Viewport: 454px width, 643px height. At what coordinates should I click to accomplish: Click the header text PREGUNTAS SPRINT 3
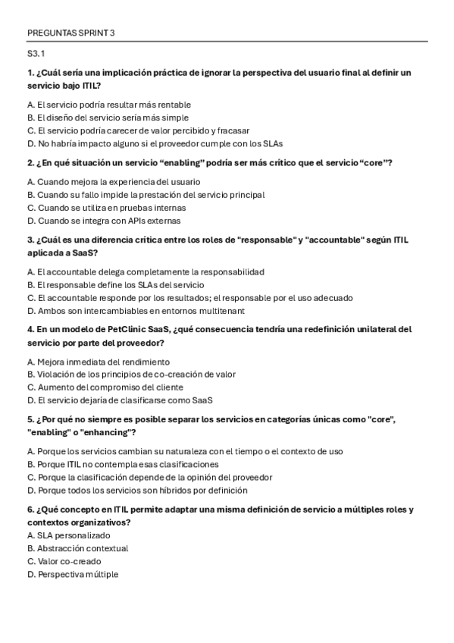pos(70,33)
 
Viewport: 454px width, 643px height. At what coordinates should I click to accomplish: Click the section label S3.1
pos(36,54)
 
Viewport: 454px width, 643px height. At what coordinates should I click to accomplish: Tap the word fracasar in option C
pos(233,130)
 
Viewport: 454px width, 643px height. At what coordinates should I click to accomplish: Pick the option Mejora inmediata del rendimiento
pos(98,362)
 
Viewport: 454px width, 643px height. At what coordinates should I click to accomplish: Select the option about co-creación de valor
pos(130,374)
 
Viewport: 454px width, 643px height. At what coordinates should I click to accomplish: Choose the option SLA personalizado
pos(68,535)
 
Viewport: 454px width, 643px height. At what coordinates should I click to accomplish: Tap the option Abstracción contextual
pos(77,548)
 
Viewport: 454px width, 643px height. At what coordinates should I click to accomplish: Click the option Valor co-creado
pos(64,561)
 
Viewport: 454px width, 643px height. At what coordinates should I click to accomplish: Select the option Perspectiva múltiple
pos(72,574)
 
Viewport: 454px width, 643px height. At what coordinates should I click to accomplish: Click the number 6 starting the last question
pos(29,510)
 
